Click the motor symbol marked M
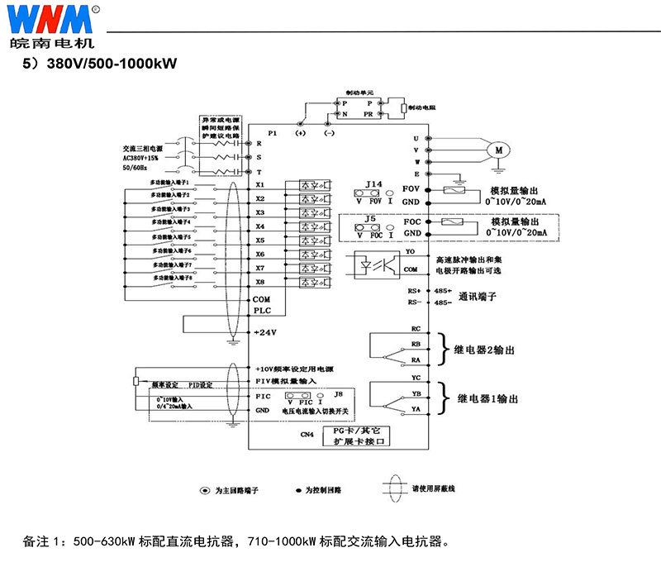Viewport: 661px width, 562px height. [498, 150]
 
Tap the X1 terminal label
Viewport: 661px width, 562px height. [260, 184]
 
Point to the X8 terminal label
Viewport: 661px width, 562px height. [260, 282]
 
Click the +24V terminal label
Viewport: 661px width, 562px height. [265, 331]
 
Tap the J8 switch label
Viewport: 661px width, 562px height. [337, 395]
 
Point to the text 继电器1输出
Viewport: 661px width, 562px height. [487, 398]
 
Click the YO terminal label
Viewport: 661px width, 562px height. [410, 251]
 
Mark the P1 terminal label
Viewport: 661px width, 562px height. [273, 132]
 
